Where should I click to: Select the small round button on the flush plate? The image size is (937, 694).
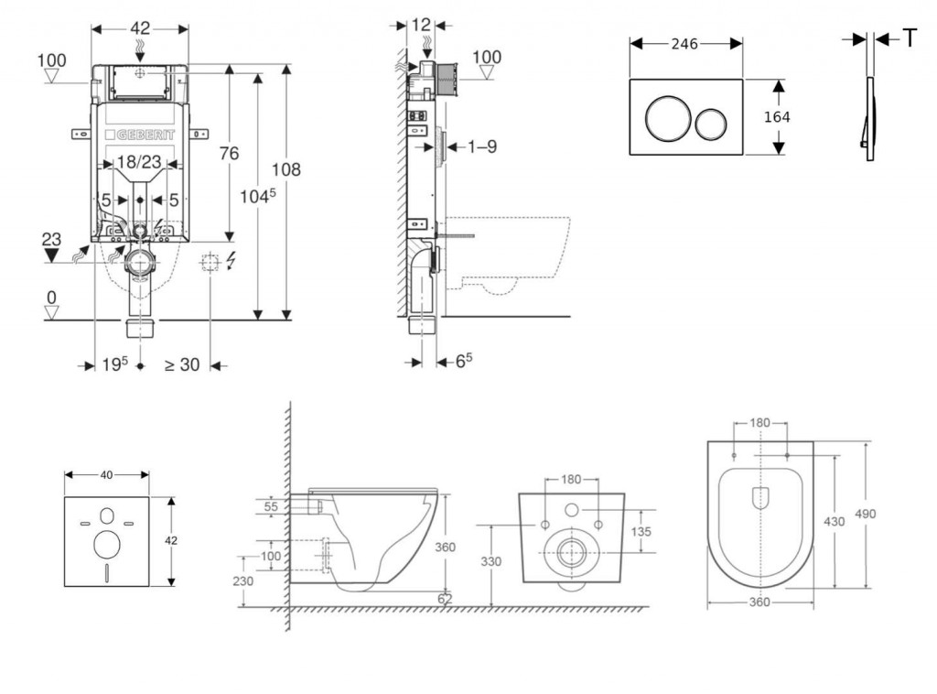pos(711,123)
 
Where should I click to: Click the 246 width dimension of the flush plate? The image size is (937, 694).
pos(685,42)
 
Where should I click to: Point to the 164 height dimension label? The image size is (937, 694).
pos(777,117)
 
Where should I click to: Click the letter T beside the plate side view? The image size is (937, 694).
pos(910,38)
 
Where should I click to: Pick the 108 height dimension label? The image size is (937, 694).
pos(286,169)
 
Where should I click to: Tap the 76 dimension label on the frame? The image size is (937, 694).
pos(229,153)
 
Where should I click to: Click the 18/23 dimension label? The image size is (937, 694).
pos(140,162)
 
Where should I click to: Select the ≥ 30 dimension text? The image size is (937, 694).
pos(181,364)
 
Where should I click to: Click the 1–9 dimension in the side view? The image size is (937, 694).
pos(481,146)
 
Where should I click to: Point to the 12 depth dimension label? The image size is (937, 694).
pos(421,25)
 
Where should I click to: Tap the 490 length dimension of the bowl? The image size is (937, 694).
pos(865,514)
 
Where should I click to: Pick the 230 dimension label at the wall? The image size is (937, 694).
pos(242,580)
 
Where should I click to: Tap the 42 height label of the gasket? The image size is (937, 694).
pos(171,540)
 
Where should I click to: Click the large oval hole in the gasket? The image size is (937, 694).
pos(107,544)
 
